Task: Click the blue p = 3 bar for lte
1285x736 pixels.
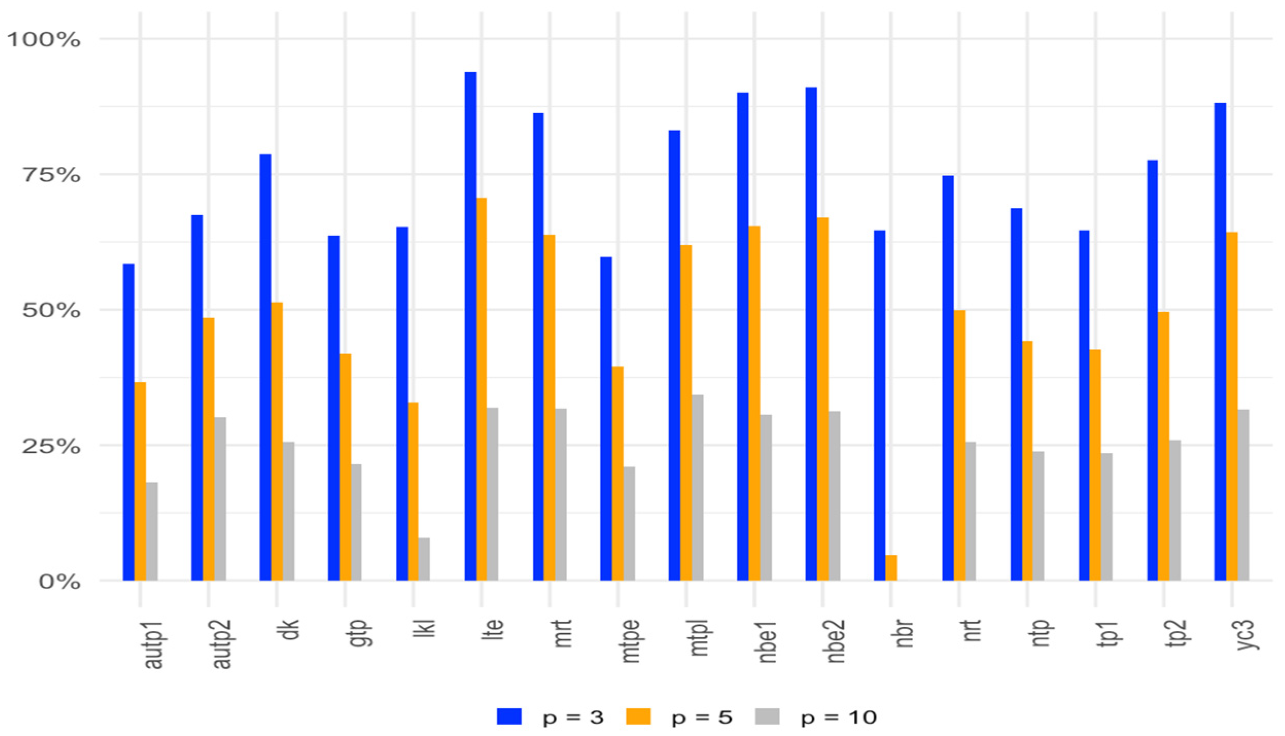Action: click(x=470, y=326)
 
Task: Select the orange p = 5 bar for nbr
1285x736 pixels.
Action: click(x=891, y=568)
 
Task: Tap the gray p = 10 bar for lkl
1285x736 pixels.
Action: click(x=424, y=559)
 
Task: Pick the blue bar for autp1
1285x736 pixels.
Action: click(x=129, y=422)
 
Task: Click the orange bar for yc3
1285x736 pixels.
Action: click(x=1232, y=407)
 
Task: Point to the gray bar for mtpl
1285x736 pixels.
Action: click(x=698, y=487)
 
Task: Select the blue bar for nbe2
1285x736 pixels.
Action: click(x=812, y=334)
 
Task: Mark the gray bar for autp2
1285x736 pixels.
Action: click(x=220, y=499)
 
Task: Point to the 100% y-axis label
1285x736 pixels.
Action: click(x=43, y=40)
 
